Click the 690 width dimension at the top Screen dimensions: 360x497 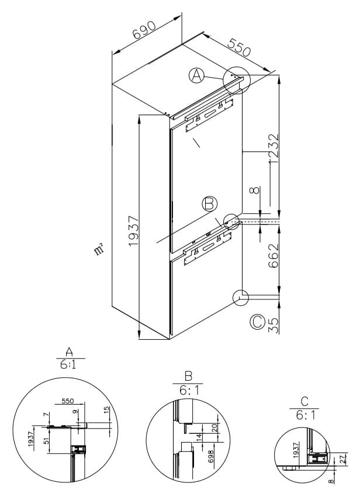[x=144, y=30]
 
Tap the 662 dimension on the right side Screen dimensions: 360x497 [x=274, y=256]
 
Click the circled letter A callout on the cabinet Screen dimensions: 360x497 [x=196, y=76]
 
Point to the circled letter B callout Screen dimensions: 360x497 [x=209, y=204]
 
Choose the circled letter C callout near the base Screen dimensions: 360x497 [x=257, y=322]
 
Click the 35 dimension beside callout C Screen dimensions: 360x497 [x=274, y=326]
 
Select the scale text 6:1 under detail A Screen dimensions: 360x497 [x=68, y=365]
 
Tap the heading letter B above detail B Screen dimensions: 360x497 [x=188, y=376]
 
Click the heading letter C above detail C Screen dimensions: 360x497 [x=304, y=402]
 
